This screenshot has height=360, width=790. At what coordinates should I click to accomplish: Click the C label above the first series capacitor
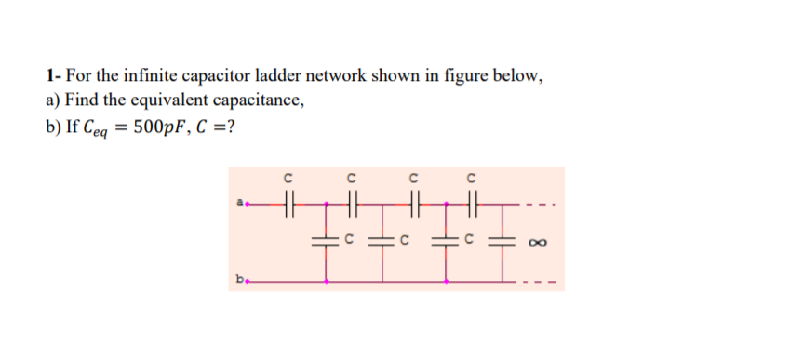point(288,178)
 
